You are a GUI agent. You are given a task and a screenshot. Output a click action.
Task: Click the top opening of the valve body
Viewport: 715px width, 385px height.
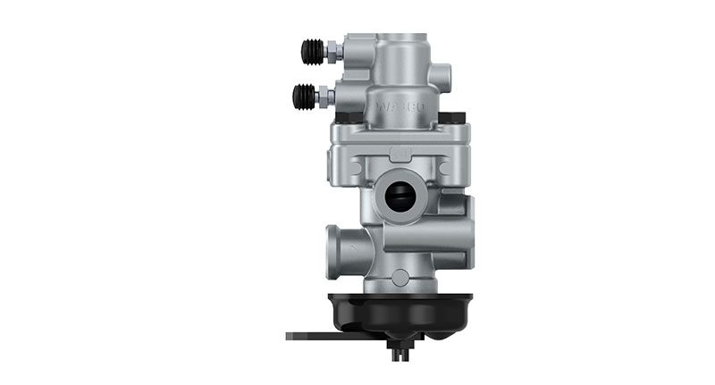click(x=399, y=38)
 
